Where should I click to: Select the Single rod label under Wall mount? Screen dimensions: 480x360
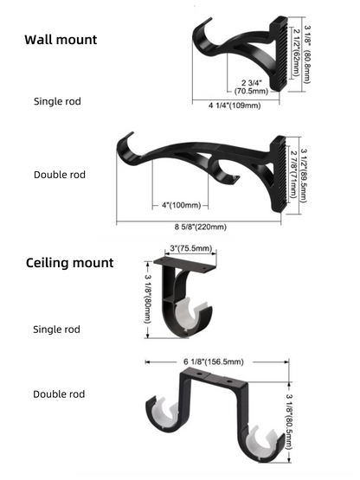coord(57,101)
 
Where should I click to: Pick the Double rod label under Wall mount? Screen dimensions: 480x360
coord(60,175)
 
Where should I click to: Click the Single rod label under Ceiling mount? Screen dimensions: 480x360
coord(57,329)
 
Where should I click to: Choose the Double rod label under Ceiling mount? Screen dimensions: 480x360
coord(60,394)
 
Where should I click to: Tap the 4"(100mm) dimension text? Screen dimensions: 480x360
coord(181,205)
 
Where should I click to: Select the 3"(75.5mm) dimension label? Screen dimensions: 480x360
coord(192,249)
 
